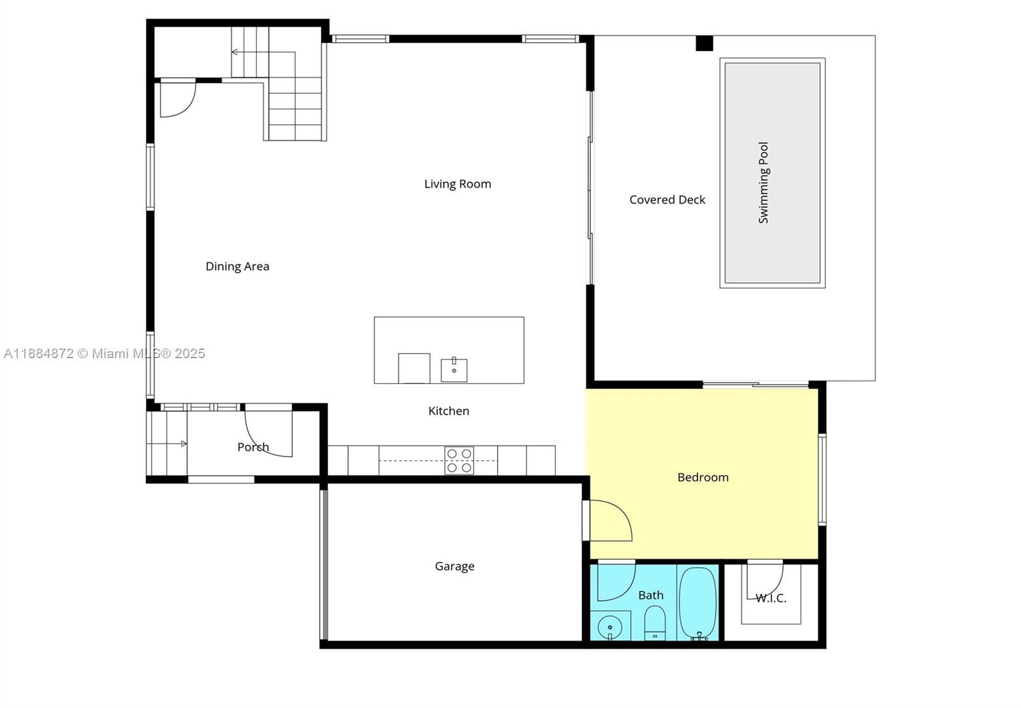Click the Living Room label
point(458,184)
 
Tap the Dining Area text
point(237,266)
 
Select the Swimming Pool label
point(763,183)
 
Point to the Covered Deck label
point(667,200)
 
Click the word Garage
point(454,566)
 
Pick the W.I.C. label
point(771,598)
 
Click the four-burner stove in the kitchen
point(459,461)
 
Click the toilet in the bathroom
point(654,622)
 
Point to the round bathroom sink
point(610,626)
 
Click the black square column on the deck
point(704,43)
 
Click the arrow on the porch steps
point(183,444)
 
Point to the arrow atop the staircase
point(235,52)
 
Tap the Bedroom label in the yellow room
point(703,478)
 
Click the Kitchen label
point(449,411)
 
